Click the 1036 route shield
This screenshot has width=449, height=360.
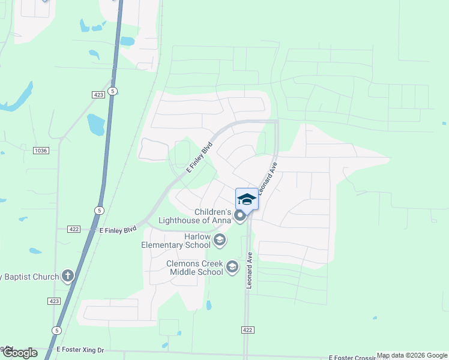pos(41,150)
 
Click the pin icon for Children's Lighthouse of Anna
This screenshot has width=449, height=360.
pos(240,216)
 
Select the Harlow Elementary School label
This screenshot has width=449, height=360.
pos(176,241)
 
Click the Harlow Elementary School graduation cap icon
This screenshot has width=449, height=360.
pos(219,241)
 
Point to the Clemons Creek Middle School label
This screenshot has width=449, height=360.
pos(195,268)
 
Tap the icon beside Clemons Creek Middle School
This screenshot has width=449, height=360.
pos(232,268)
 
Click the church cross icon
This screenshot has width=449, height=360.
pos(68,276)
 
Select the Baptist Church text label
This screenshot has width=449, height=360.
pos(29,277)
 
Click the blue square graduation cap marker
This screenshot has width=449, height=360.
pos(247,199)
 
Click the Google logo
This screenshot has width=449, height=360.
pos(20,353)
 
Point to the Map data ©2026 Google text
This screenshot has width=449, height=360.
pos(412,355)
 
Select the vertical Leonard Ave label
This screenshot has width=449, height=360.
pos(249,271)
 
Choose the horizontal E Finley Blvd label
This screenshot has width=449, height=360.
pos(118,229)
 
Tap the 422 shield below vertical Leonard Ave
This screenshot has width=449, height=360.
pos(247,329)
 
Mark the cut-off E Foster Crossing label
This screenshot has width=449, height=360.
pos(351,358)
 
